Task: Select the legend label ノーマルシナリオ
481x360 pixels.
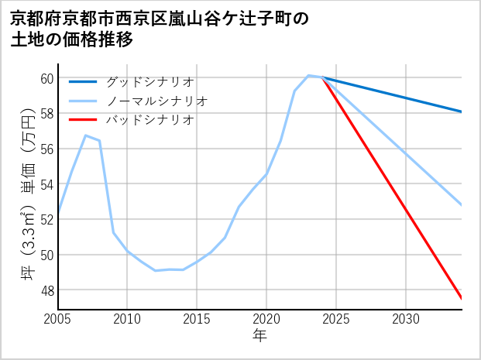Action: (x=156, y=101)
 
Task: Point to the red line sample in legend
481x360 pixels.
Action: (x=83, y=120)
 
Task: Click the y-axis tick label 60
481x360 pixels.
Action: (x=46, y=78)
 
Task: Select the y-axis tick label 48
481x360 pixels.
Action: (x=46, y=290)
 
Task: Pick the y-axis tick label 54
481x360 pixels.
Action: (x=46, y=184)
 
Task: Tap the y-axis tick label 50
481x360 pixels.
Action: (x=46, y=255)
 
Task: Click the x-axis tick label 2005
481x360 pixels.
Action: (x=58, y=319)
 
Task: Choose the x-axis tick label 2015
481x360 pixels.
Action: (x=197, y=319)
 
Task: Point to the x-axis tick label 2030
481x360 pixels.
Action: (x=406, y=319)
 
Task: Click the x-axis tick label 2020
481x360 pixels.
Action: (x=266, y=319)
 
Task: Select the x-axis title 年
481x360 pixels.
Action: (x=259, y=336)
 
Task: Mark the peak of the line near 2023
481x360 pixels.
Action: (x=308, y=75)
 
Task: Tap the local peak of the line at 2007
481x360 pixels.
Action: (x=86, y=135)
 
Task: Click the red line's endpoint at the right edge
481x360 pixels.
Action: (x=462, y=298)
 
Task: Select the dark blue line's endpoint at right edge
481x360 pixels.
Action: (x=462, y=112)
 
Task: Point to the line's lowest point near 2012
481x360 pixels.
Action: (x=155, y=270)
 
